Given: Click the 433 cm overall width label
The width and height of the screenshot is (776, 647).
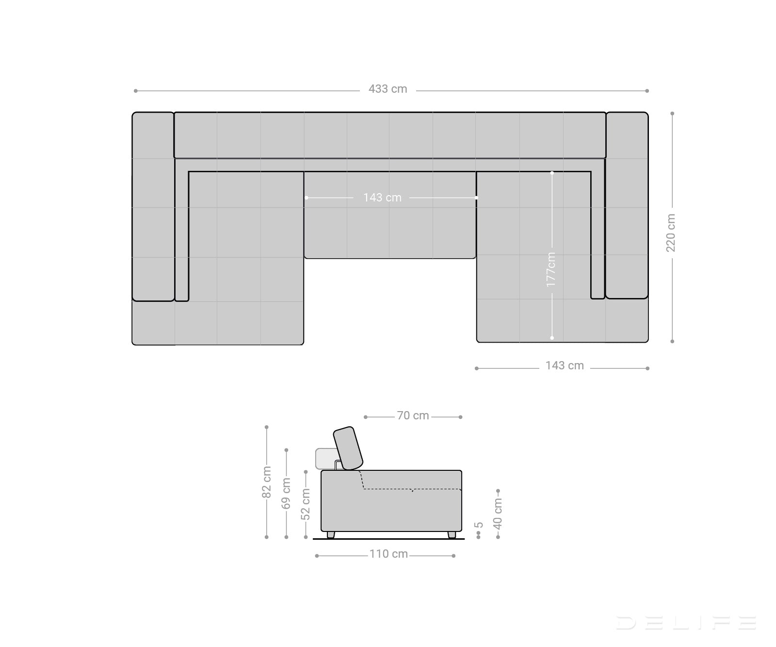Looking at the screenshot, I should click(x=388, y=89).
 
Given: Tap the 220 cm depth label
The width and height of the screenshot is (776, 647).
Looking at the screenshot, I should click(x=671, y=233).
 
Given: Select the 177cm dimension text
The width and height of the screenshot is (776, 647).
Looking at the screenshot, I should click(x=551, y=269).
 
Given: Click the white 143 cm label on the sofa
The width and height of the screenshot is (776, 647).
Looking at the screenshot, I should click(x=382, y=198).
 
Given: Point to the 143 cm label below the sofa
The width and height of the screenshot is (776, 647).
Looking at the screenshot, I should click(x=565, y=365).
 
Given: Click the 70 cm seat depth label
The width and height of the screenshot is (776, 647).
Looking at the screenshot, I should click(x=413, y=415).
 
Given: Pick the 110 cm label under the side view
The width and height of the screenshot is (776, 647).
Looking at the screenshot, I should click(x=388, y=554).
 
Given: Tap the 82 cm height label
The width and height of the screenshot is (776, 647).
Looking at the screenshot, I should click(x=266, y=482).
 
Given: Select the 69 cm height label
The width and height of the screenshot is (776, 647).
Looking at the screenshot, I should click(x=286, y=493).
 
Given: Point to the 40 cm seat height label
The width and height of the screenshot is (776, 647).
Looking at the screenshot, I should click(x=498, y=514).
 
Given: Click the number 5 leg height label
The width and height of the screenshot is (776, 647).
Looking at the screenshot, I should click(x=479, y=525).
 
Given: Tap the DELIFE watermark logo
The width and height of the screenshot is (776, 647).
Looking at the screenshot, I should click(x=686, y=623).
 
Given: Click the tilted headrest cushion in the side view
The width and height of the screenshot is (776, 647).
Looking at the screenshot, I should click(x=348, y=448).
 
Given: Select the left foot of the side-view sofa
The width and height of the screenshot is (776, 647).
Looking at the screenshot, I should click(x=331, y=534).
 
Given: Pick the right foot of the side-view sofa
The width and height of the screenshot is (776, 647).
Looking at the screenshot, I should click(x=452, y=534).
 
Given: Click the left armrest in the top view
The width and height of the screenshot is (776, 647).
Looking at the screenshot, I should click(x=153, y=206).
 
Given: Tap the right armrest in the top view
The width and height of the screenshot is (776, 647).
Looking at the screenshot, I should click(x=627, y=205).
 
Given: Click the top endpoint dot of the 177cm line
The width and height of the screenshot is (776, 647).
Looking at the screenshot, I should click(x=552, y=172).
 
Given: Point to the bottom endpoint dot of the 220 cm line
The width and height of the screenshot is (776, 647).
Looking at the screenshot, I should click(x=672, y=341).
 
